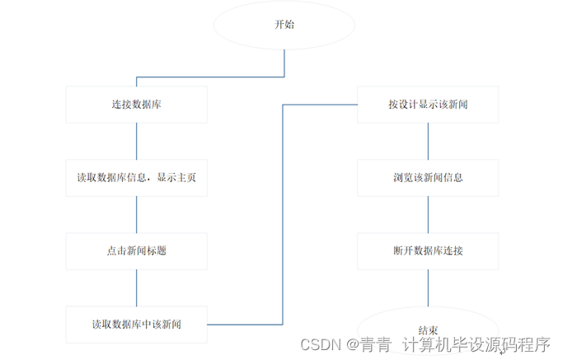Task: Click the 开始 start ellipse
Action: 284,25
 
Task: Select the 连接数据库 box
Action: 136,105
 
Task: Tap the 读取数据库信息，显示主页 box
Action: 136,177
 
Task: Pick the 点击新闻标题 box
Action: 136,250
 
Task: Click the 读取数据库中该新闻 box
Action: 136,324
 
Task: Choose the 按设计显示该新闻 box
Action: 428,105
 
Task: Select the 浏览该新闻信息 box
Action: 428,177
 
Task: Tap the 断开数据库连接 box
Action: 428,250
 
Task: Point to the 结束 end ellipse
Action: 428,326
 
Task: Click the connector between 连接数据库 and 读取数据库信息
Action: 136,141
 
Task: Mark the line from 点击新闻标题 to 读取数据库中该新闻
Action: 136,288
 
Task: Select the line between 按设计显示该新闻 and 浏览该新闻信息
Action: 428,141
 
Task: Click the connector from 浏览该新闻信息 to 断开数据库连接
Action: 428,214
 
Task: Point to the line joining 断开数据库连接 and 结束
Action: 428,288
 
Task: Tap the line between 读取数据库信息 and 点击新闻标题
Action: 136,214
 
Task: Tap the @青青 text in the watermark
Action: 368,344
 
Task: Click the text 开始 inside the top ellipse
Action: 284,25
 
